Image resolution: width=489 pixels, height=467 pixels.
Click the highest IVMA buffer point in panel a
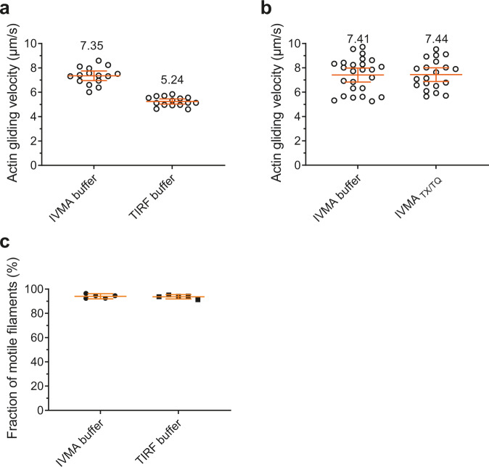coord(99,60)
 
